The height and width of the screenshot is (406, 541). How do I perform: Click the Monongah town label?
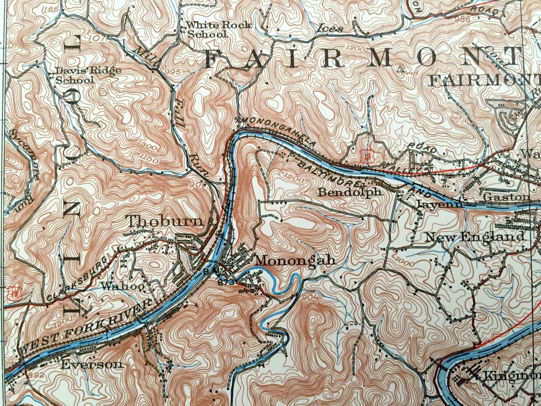(x=295, y=260)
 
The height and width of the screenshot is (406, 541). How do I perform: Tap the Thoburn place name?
(x=165, y=221)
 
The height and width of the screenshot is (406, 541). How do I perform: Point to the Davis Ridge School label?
(x=88, y=75)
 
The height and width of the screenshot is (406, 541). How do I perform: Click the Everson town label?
(x=92, y=365)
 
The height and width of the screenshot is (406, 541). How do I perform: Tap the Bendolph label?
(x=350, y=192)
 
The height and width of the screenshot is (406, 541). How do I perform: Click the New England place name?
(x=475, y=236)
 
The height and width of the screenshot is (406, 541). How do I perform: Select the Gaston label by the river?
(x=506, y=197)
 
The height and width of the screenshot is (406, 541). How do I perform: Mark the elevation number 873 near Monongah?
(x=225, y=282)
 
